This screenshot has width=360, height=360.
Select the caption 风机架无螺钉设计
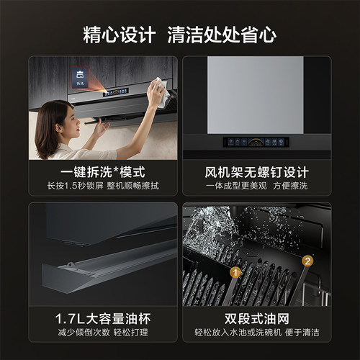pos(256,173)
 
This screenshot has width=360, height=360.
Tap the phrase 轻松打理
pos(131,333)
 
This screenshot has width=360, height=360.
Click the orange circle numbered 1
pos(234,272)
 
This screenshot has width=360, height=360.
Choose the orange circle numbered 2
pos(307,261)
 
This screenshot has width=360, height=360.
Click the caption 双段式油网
pos(256,318)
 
